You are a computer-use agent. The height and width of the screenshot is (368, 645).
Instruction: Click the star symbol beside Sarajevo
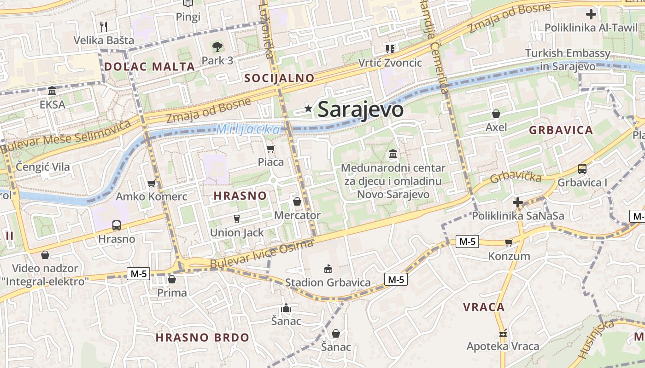click(x=308, y=109)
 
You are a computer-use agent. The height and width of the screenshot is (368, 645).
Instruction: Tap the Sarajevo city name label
click(x=360, y=109)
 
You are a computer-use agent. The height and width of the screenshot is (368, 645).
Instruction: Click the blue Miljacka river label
click(x=248, y=130)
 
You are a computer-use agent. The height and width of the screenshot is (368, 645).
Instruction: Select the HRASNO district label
click(x=240, y=195)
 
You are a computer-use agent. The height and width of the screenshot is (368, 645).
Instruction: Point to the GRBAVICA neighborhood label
click(x=561, y=130)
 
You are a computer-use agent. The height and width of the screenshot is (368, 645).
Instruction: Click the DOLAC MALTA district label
click(x=149, y=66)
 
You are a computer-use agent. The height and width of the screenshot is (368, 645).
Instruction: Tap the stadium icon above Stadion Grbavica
click(x=328, y=268)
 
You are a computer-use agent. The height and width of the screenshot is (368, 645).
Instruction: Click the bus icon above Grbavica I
click(x=582, y=169)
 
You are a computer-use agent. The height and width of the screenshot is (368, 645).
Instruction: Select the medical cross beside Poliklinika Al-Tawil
click(x=591, y=14)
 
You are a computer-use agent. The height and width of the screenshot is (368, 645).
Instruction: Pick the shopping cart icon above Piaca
click(x=270, y=149)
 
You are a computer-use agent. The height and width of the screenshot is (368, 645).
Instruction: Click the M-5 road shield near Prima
click(x=138, y=274)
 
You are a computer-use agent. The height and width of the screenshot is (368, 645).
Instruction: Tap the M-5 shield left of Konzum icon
click(x=467, y=241)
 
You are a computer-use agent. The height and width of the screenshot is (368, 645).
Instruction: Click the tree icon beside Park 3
click(x=217, y=46)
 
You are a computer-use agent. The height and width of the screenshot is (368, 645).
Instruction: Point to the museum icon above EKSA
click(x=52, y=91)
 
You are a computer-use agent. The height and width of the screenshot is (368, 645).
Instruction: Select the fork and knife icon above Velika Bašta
click(x=104, y=26)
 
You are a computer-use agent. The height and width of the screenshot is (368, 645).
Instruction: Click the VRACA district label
click(x=484, y=307)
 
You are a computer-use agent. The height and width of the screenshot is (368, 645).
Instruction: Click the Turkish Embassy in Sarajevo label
click(x=568, y=60)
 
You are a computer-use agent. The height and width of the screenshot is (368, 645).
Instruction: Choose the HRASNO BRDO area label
click(x=202, y=337)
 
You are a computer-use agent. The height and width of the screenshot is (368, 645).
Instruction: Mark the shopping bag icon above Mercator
click(x=297, y=201)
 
